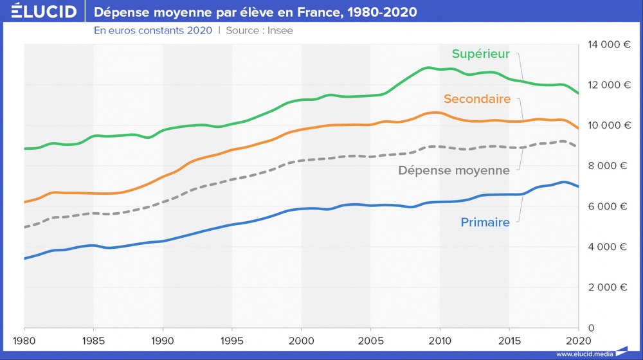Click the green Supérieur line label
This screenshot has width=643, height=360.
click(480, 54)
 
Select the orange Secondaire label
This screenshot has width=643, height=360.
click(476, 99)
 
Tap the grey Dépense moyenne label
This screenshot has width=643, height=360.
click(454, 170)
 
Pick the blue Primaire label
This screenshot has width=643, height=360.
click(485, 222)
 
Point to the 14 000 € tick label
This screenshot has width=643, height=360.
click(608, 44)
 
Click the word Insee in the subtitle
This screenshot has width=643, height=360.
click(280, 30)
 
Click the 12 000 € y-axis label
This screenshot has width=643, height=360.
click(608, 85)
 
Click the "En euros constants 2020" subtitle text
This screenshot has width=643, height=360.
click(152, 30)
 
